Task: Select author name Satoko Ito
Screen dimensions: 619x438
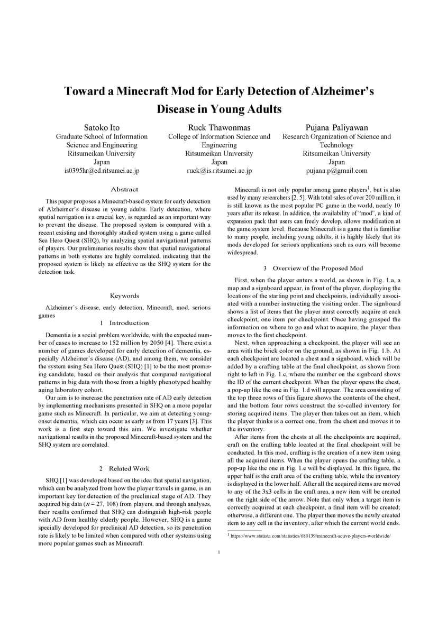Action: click(x=102, y=127)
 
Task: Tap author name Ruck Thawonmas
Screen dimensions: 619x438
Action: click(x=219, y=127)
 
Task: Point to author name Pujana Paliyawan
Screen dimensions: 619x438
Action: click(x=336, y=127)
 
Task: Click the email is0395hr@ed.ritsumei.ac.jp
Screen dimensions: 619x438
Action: click(x=102, y=171)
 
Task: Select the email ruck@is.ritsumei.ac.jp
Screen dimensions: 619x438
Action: click(x=219, y=171)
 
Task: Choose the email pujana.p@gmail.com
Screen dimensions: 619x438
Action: click(x=336, y=171)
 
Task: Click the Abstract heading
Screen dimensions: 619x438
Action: click(x=124, y=189)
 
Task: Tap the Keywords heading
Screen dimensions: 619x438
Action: click(x=124, y=296)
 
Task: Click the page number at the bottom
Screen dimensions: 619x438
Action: click(x=219, y=552)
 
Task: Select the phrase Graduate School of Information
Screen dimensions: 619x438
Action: click(x=102, y=136)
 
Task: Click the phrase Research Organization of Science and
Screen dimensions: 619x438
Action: click(x=336, y=136)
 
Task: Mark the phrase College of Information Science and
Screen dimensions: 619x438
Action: click(x=219, y=136)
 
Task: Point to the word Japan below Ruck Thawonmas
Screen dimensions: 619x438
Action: click(x=219, y=162)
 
